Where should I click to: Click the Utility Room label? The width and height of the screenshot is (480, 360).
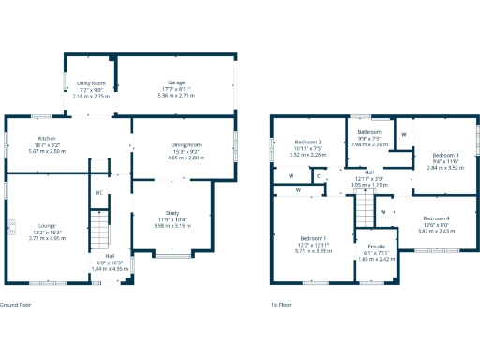coord(91,83)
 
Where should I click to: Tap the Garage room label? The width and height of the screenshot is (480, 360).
coord(176,83)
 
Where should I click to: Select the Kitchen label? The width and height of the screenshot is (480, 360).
coord(47,140)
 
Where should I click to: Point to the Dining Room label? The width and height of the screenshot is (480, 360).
coord(186,145)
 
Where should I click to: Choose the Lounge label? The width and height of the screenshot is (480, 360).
coord(47,226)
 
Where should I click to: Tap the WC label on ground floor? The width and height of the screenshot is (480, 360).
coord(98,193)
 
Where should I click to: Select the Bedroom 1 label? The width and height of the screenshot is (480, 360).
coord(313,239)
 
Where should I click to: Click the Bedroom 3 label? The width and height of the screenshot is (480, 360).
coord(445,155)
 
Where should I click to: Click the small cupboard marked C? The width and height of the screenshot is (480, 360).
coord(319,175)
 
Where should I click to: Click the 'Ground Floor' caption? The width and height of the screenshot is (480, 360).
coord(17,305)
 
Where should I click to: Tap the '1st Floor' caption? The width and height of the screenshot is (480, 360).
coord(280,305)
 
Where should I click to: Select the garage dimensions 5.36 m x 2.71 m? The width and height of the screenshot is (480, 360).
coord(176,96)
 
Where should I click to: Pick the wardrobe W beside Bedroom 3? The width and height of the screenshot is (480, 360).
coord(403,134)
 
